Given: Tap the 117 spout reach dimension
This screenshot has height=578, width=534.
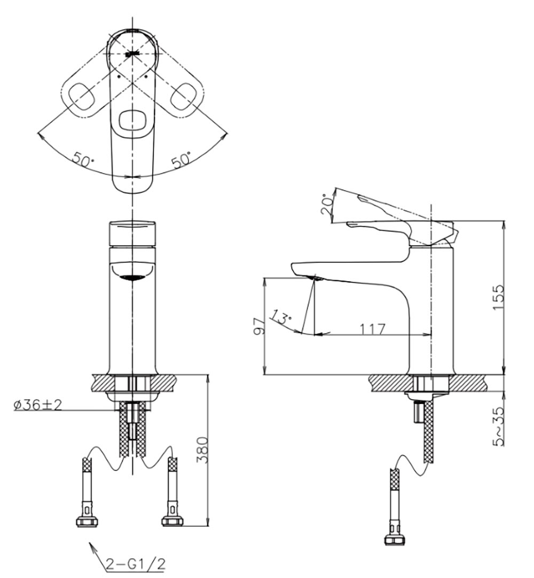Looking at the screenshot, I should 372,329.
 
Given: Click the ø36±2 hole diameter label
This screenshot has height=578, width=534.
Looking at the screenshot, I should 38,405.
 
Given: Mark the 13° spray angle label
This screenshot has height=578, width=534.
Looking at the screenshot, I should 281,317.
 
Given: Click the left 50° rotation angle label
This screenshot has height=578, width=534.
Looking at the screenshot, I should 84,160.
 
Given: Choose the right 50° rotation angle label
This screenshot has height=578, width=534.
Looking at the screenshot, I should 181,160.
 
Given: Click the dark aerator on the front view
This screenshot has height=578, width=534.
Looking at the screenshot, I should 131,277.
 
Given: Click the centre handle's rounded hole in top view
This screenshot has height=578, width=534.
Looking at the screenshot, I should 131,121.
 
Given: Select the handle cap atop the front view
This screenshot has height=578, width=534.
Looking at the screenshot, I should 131,233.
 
